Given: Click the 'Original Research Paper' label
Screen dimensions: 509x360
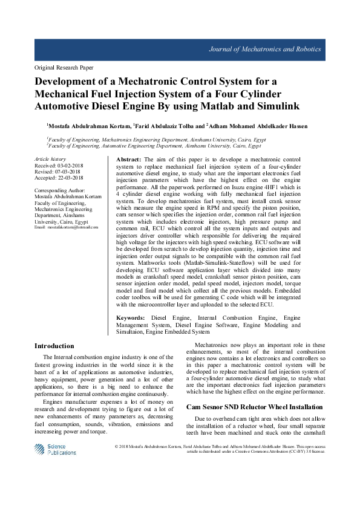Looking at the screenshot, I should coord(64,68).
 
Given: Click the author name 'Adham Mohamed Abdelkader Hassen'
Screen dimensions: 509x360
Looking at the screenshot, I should coord(258,126).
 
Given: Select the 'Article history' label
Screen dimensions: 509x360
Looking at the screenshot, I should coord(50,158).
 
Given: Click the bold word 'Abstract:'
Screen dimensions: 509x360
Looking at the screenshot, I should coord(128,158).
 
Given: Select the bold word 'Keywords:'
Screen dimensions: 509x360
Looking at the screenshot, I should coord(130,317).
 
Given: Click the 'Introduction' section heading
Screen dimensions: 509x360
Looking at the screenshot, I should coord(54,346).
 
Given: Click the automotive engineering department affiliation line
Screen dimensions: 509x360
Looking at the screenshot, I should coord(154,146).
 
